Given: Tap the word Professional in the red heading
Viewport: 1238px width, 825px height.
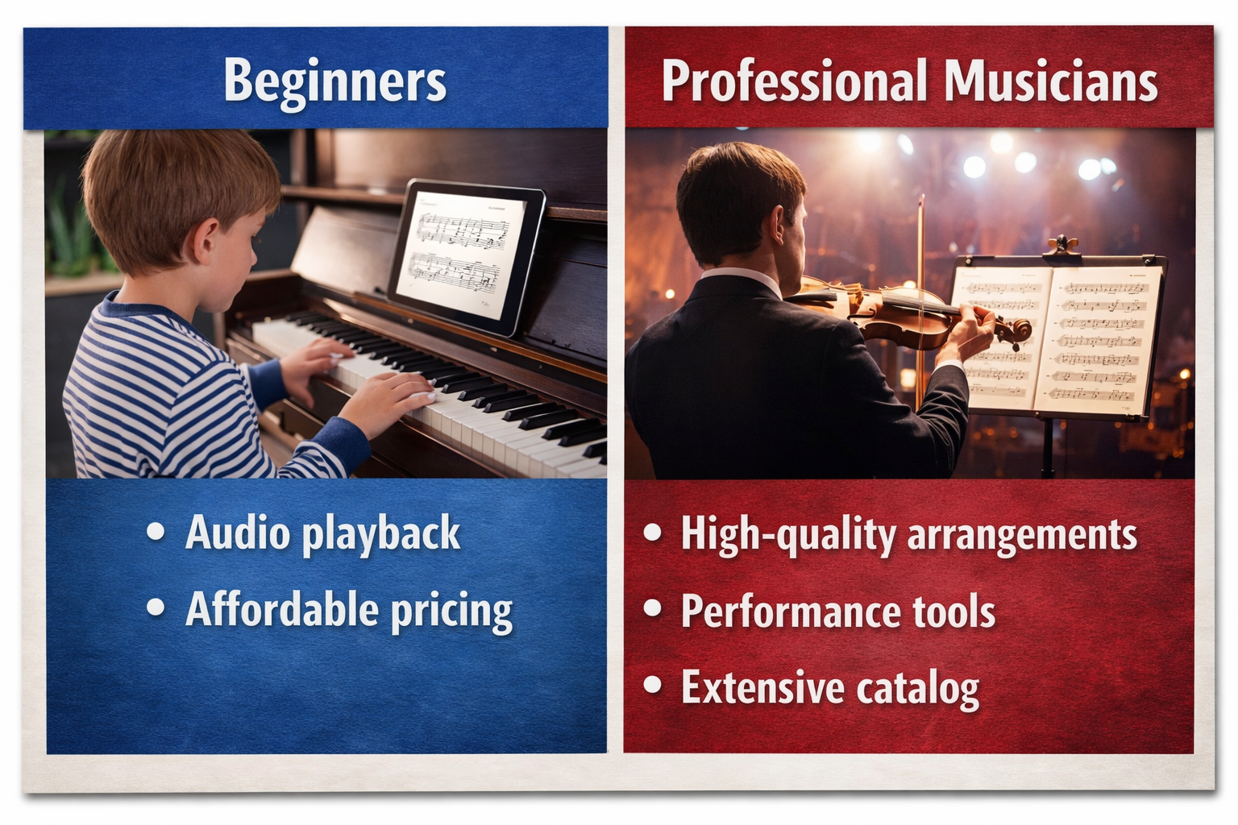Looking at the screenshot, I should [x=795, y=82].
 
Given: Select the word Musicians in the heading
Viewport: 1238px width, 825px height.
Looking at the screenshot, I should [x=1051, y=82].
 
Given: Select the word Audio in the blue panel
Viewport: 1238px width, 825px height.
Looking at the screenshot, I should [x=237, y=533].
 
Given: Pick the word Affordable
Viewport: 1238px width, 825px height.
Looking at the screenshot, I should [x=282, y=610].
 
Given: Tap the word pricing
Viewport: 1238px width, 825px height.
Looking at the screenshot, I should [x=451, y=612].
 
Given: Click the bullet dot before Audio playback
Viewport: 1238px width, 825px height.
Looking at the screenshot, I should [x=156, y=532].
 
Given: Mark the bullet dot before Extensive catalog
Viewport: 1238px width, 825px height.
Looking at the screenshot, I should [x=653, y=686].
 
